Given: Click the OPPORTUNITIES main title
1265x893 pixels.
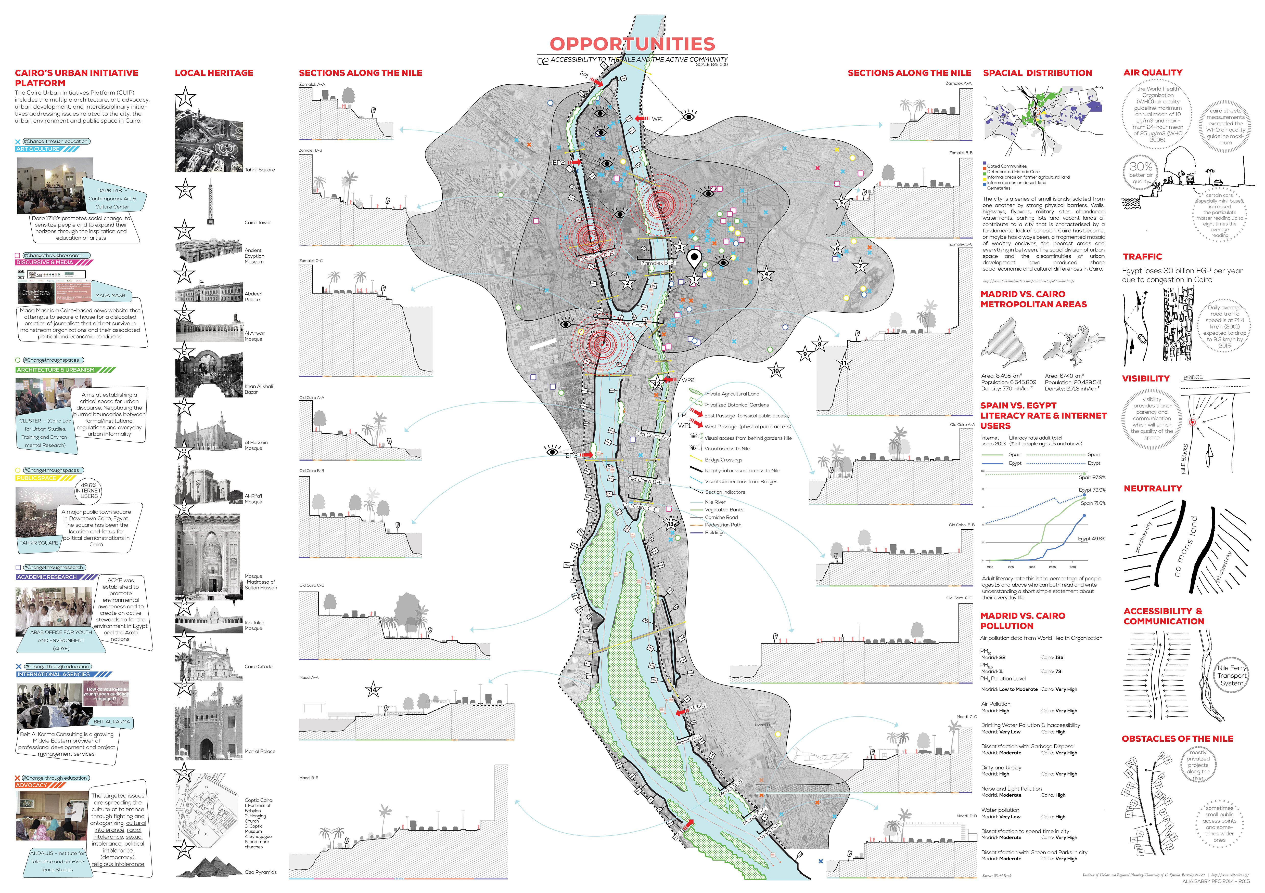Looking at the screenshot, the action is point(632,44).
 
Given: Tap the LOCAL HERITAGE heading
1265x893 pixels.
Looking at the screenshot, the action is point(214,73).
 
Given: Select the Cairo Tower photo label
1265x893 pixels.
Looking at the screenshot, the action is point(258,222).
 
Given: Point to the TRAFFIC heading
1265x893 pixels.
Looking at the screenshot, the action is point(1142,257).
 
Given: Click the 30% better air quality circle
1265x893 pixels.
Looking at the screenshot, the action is point(1141,172).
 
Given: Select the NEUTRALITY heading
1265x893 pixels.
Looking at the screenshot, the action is point(1153,488).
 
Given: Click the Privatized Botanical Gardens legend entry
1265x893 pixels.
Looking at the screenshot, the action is point(736,405).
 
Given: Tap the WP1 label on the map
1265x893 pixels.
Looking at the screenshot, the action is point(657,119).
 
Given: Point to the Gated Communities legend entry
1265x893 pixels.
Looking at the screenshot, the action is point(1007,166).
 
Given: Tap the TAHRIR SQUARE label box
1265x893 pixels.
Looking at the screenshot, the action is point(39,543).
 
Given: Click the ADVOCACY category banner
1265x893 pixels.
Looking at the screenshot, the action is point(32,785).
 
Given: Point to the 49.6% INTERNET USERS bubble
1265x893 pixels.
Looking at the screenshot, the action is point(88,491).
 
